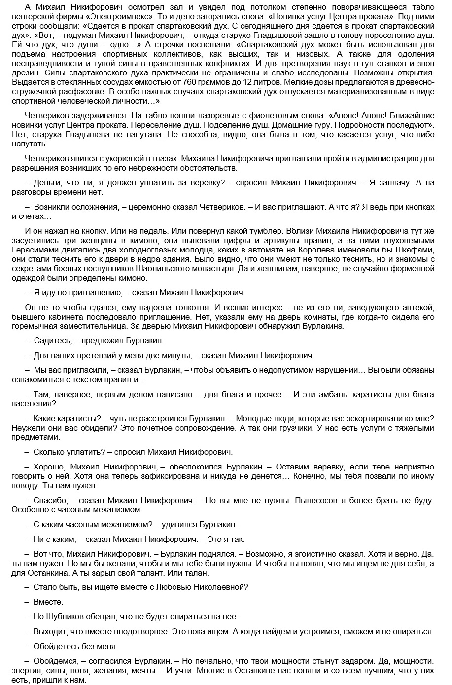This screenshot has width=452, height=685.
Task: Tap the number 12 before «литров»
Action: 265,81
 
